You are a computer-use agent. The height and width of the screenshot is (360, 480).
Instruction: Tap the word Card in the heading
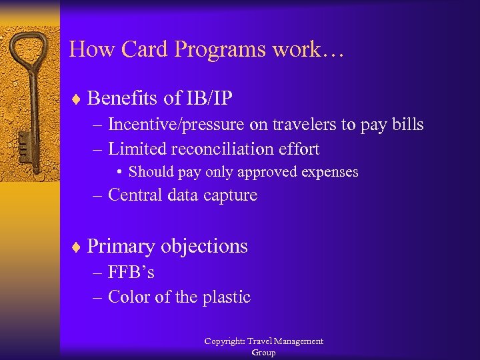click(x=139, y=49)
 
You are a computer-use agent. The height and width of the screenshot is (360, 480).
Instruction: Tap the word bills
click(x=405, y=125)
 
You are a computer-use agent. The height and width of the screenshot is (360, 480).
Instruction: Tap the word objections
click(x=207, y=247)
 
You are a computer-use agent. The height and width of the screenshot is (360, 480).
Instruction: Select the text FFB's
click(x=131, y=273)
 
